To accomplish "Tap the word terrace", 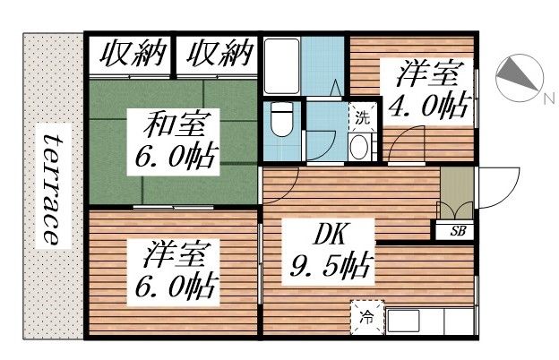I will tap(52, 190).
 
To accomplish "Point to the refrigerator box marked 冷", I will tap(367, 316).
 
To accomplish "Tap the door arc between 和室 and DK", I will tap(282, 184).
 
